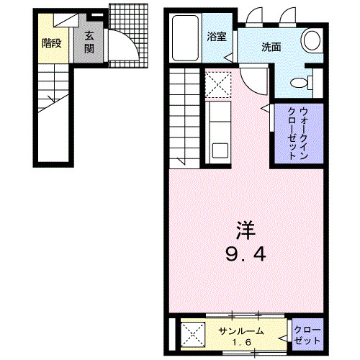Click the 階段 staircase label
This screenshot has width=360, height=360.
coord(51,42)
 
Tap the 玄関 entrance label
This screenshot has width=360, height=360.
coord(89,42)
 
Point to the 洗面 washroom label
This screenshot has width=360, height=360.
coord(271,48)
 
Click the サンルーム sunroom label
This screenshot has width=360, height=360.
coord(240,331)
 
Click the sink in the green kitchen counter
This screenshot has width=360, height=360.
coord(220,150)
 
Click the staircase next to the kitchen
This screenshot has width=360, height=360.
coord(185,115)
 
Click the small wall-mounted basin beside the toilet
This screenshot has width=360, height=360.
coord(314,80)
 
